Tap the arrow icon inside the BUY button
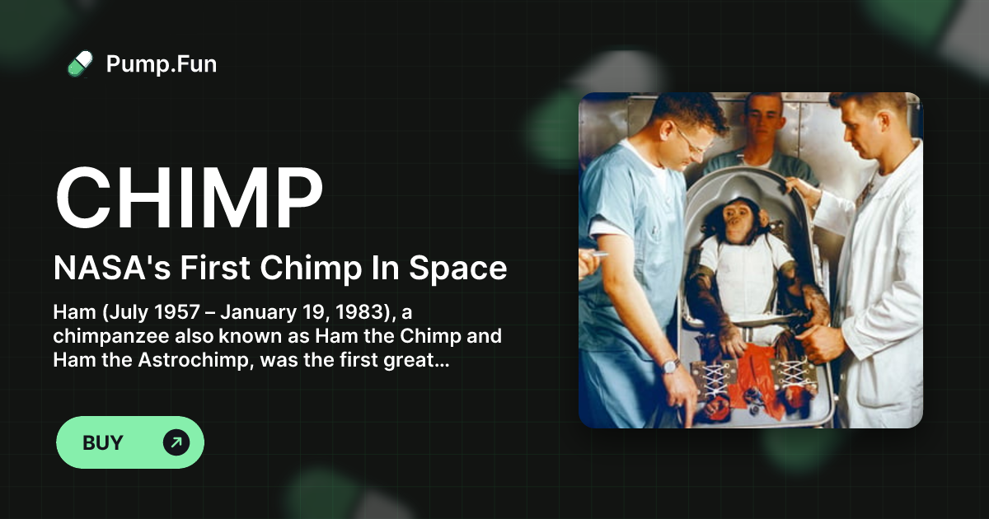click(x=176, y=442)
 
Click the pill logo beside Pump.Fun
click(x=80, y=63)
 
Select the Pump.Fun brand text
click(x=162, y=63)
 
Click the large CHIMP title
click(x=189, y=199)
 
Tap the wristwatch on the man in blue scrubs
click(x=670, y=365)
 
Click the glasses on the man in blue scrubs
click(x=690, y=138)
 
